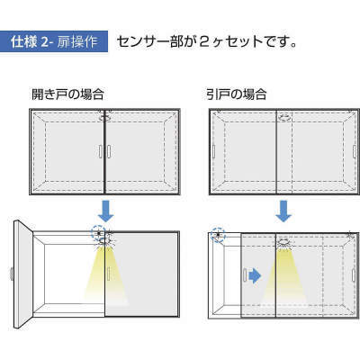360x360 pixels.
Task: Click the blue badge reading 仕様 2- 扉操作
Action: click(54, 41)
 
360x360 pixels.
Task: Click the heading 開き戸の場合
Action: click(67, 94)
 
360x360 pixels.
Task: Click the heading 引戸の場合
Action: click(237, 94)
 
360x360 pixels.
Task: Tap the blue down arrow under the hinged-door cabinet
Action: click(106, 211)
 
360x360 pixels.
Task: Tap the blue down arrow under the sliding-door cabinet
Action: click(283, 211)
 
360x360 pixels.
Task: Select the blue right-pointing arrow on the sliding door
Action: click(256, 276)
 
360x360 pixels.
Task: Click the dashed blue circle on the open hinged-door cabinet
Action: click(98, 232)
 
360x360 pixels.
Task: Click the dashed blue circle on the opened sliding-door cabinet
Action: click(218, 234)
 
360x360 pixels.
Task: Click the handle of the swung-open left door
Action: click(12, 274)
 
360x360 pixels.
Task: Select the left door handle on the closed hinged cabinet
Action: click(100, 151)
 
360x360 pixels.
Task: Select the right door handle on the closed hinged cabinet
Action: click(109, 151)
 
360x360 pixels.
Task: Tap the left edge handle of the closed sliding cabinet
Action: click(213, 151)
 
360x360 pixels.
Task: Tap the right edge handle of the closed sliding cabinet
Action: click(355, 151)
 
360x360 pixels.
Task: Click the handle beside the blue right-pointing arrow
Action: click(245, 275)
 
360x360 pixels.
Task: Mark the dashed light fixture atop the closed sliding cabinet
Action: click(284, 118)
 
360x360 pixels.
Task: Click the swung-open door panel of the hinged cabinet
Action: click(23, 274)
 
